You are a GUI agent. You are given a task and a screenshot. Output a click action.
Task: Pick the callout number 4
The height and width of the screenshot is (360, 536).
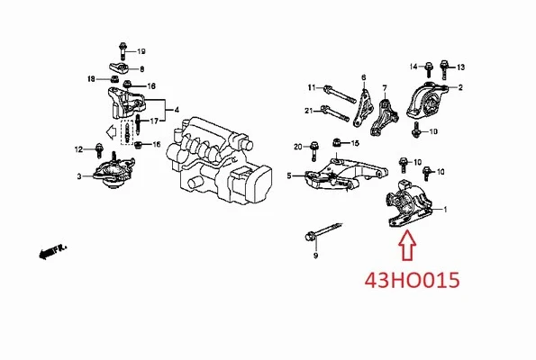coord(177,110)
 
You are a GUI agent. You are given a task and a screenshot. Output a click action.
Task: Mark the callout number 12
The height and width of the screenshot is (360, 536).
coord(77,148)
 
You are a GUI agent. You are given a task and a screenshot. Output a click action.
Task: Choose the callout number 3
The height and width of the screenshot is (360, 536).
coord(78,175)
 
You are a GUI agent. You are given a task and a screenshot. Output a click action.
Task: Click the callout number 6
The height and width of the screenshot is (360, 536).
coord(363,78)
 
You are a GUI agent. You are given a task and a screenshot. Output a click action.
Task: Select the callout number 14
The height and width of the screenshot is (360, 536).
coord(414,67)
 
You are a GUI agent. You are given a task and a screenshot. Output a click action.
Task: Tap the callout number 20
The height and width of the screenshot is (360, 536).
coord(297,146)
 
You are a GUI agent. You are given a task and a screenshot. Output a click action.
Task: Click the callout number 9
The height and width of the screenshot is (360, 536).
coord(315,256)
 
